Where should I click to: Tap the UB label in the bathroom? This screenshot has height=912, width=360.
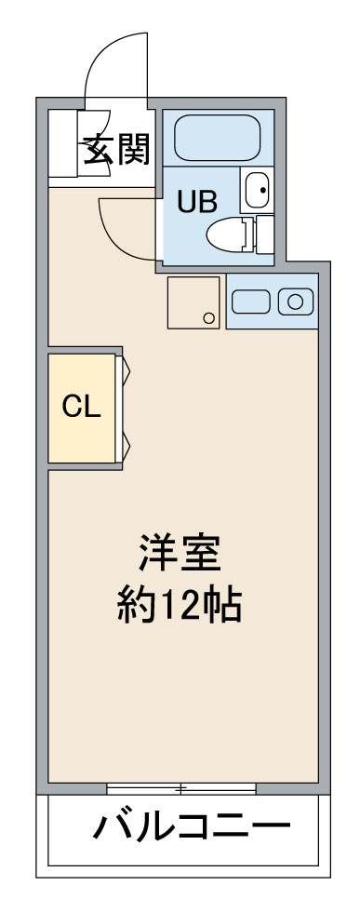point(197,203)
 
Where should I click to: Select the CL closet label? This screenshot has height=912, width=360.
point(82,408)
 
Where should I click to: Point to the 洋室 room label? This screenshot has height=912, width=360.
point(180,555)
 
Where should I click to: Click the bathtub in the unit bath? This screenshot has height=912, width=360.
point(217,138)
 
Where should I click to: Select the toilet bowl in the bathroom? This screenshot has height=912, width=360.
point(228,235)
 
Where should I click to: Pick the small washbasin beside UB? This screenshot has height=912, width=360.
point(257,190)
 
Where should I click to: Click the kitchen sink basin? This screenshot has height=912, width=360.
point(250,302)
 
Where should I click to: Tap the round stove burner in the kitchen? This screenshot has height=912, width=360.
point(296,302)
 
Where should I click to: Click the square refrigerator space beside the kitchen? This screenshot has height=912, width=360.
point(193,302)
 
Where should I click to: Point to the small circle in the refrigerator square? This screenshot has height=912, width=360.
point(208,317)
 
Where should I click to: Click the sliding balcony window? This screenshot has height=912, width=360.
point(181,789)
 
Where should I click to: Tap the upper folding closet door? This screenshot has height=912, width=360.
point(124,370)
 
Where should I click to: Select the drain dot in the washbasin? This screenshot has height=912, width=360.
point(262,190)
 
